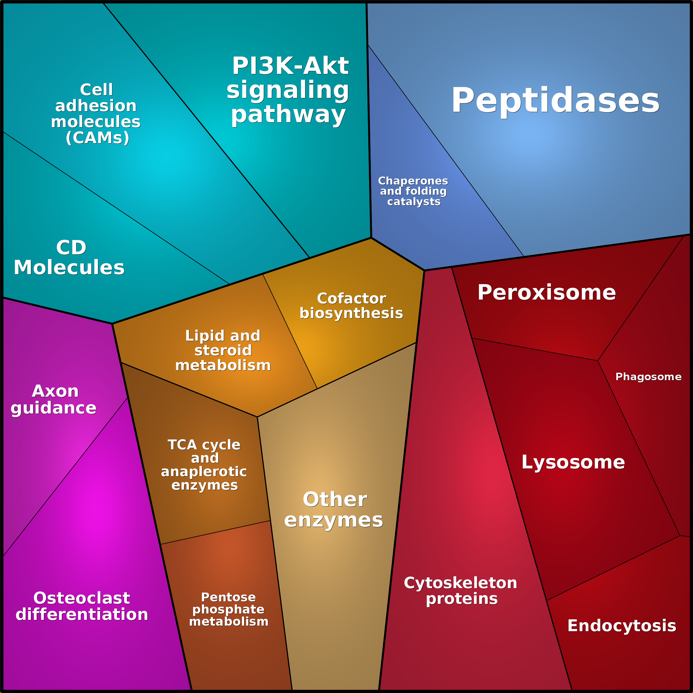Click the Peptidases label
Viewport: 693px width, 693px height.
coord(555,101)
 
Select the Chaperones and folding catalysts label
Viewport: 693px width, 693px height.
coord(413,191)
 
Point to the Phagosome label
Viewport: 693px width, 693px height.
coord(648,377)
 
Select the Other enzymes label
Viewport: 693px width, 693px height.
coord(334,509)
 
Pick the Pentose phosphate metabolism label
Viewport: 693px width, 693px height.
coord(228,609)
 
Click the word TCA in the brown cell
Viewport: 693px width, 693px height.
coord(182,445)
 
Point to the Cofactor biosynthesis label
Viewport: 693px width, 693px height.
coord(351,306)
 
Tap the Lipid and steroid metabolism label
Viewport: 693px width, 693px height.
coord(223,350)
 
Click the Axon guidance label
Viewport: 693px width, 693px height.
coord(54,399)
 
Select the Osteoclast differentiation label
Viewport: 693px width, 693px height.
coord(82,606)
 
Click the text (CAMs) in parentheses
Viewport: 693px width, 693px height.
coord(98,138)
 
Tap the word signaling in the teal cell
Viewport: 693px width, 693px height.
coord(288,90)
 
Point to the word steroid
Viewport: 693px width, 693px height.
coord(223,350)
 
